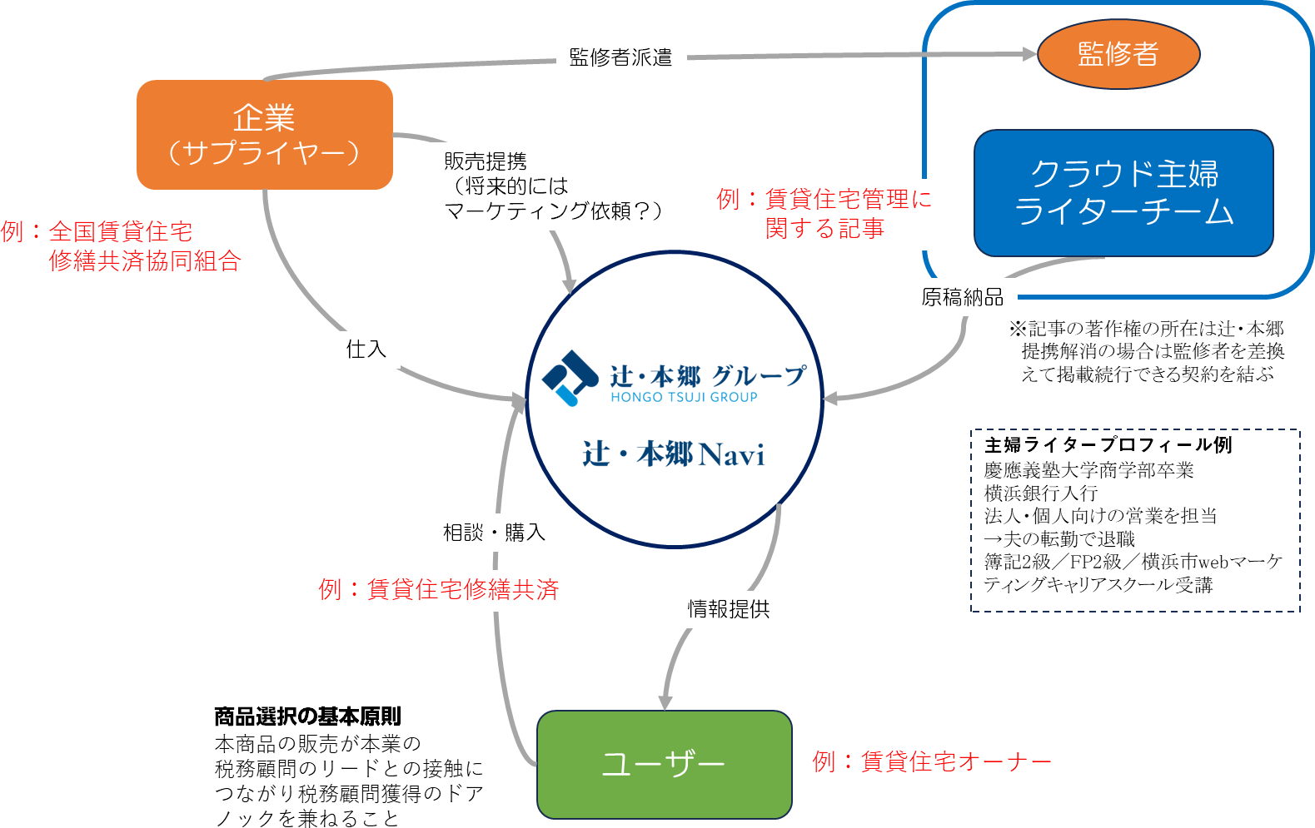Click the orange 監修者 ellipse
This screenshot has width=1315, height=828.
[1118, 54]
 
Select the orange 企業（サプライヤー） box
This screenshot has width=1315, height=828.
[264, 135]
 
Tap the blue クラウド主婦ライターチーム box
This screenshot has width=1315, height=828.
[1123, 193]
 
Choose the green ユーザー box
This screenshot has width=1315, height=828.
[664, 764]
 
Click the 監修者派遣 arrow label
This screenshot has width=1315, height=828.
[620, 57]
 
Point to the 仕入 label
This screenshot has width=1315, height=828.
[366, 349]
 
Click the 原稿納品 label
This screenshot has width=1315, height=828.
[962, 297]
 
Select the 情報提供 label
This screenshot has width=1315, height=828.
[729, 609]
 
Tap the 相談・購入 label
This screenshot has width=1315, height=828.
[494, 532]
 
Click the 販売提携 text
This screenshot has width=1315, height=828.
[486, 161]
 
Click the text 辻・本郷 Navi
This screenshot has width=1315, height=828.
[673, 454]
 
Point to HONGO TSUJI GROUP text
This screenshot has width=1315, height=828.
[684, 398]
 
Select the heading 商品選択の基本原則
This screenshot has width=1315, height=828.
[307, 716]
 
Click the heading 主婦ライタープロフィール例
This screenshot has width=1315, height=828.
[1108, 444]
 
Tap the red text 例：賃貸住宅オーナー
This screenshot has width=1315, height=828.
[931, 761]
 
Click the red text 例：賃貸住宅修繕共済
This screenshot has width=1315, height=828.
[438, 589]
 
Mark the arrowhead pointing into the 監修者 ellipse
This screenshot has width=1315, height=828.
[1029, 54]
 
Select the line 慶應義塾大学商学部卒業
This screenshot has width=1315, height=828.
[1088, 470]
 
